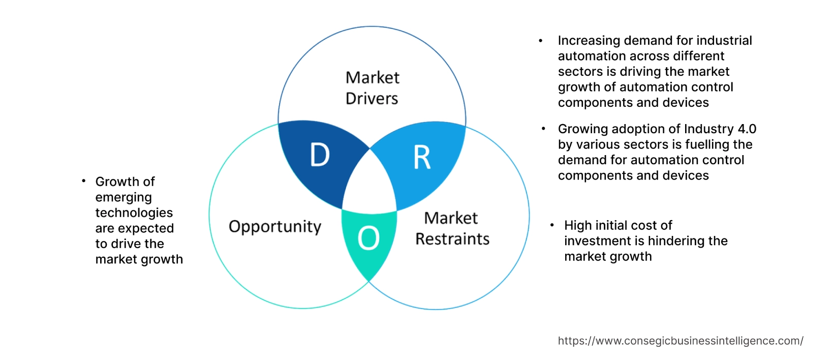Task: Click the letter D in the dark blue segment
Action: [x=320, y=155]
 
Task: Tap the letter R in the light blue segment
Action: [x=422, y=158]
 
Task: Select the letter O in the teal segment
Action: [x=368, y=238]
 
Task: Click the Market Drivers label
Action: [x=372, y=88]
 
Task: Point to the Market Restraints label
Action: [x=452, y=228]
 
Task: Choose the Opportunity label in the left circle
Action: [x=275, y=227]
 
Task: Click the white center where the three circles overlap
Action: [x=370, y=188]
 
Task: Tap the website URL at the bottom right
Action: [x=681, y=341]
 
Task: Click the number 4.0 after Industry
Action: [x=746, y=129]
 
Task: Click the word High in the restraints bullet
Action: [x=578, y=225]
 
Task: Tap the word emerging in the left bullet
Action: [x=123, y=197]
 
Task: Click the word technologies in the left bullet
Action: [x=134, y=213]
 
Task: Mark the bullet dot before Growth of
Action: [x=83, y=181]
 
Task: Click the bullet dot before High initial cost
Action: [x=552, y=225]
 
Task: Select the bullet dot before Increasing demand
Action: [x=541, y=41]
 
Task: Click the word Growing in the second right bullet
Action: [x=582, y=129]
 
